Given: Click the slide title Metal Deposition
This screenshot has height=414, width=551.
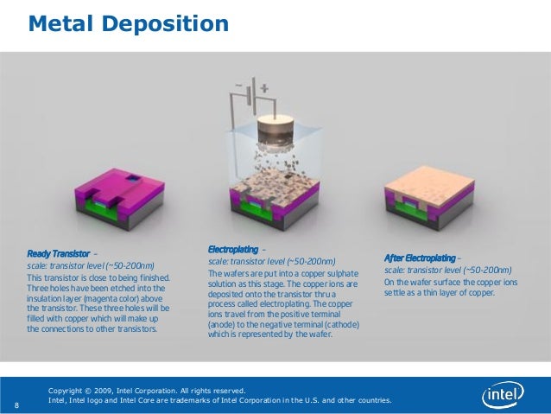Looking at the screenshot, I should [x=129, y=23].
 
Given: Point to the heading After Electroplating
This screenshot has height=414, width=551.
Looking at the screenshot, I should [x=420, y=258].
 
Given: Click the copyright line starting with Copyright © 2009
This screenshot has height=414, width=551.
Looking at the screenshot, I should [x=147, y=391].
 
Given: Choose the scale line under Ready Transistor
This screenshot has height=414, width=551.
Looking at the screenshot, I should [x=91, y=266].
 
